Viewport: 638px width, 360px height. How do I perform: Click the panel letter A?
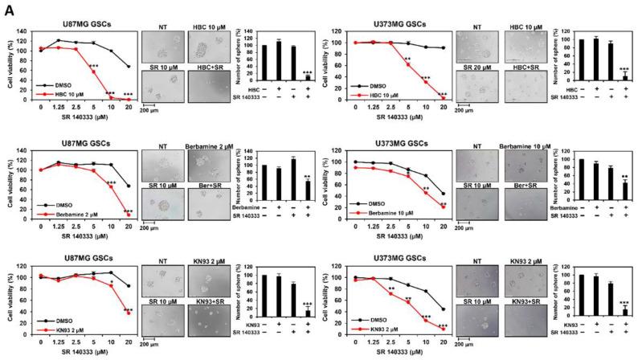[6, 7]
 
